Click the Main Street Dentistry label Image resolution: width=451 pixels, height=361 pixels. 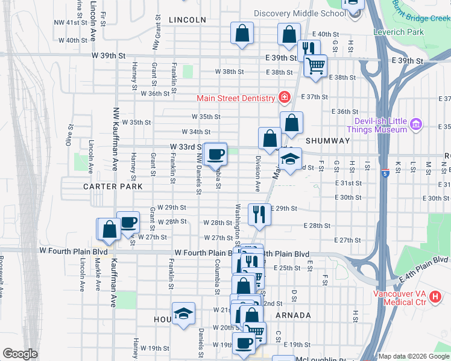[x=235, y=98]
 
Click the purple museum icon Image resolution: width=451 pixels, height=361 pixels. [x=415, y=125]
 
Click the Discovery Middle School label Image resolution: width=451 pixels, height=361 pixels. [x=300, y=13]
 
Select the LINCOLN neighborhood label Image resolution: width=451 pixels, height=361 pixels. [x=188, y=20]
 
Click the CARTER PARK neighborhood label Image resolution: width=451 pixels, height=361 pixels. [x=113, y=187]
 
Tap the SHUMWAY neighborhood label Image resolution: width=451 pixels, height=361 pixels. [x=327, y=140]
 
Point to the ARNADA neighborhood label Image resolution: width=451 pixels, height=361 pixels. [x=292, y=315]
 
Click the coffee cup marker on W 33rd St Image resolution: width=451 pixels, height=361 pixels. [x=215, y=153]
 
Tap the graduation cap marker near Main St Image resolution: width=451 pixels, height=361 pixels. [x=290, y=159]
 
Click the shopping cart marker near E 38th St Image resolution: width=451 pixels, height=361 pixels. [x=315, y=66]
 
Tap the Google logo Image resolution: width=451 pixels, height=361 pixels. [x=20, y=353]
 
